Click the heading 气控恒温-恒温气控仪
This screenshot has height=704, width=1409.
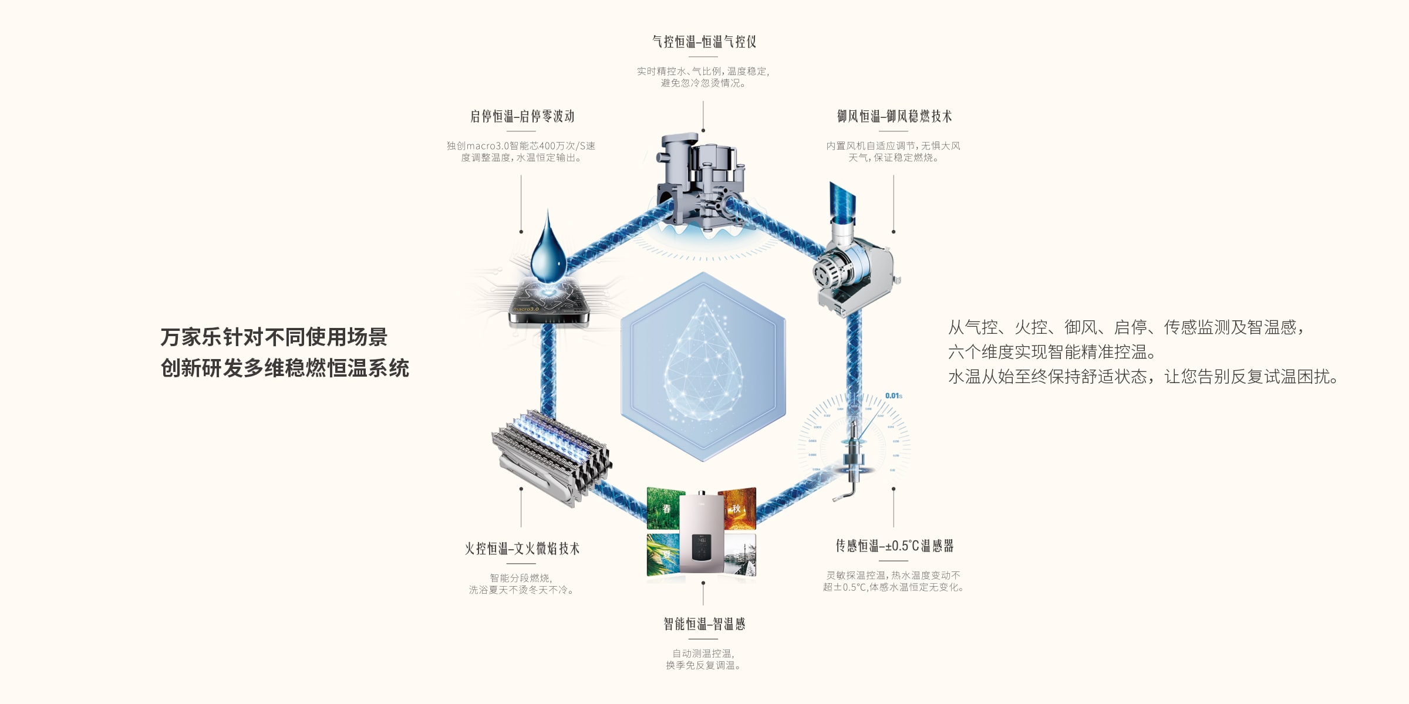(x=703, y=42)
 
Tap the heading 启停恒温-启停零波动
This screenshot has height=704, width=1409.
(x=521, y=116)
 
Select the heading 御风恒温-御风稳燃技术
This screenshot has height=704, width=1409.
(x=894, y=116)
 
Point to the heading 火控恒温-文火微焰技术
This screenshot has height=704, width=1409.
(x=521, y=549)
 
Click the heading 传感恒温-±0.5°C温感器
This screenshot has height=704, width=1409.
(x=894, y=546)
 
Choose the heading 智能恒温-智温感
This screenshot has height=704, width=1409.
(x=703, y=624)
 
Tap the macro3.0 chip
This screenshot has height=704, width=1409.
(x=548, y=302)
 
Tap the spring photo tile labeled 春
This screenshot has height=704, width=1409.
(x=666, y=508)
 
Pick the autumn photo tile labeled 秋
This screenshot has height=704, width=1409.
(x=737, y=508)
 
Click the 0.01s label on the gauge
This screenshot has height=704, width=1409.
(x=893, y=396)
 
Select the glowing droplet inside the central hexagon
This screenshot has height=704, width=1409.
(x=703, y=364)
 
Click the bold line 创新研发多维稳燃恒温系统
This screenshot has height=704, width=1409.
(x=285, y=368)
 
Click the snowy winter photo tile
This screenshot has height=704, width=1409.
(x=740, y=555)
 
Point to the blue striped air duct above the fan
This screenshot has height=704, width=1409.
(x=842, y=202)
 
